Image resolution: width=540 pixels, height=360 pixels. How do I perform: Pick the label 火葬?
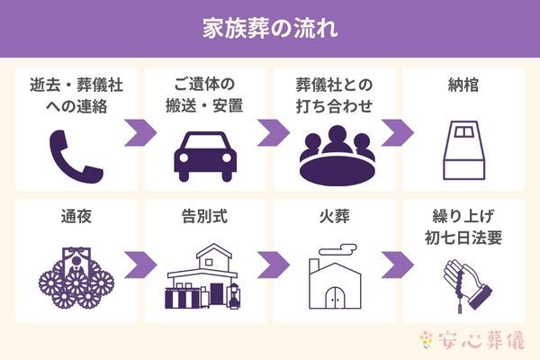click(337, 218)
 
